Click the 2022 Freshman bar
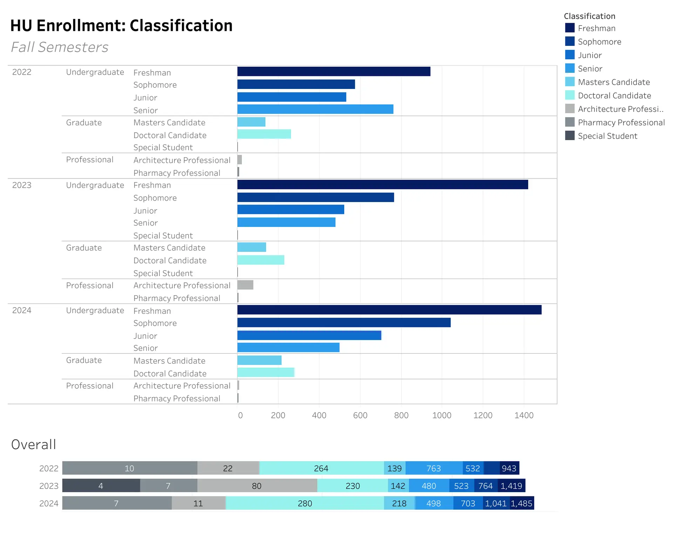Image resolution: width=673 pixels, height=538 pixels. [x=334, y=71]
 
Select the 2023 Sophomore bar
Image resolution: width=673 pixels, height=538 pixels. [x=315, y=197]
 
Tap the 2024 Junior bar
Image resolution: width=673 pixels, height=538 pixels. [x=309, y=335]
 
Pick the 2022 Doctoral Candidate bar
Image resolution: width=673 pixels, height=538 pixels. [x=264, y=134]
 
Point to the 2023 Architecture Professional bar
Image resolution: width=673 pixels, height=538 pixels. [x=245, y=285]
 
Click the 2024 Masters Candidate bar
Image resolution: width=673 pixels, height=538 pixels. [x=259, y=360]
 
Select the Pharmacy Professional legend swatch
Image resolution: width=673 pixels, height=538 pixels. [x=570, y=122]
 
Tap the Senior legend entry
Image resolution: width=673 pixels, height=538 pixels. [x=590, y=69]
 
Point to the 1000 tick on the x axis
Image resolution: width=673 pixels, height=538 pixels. [x=442, y=415]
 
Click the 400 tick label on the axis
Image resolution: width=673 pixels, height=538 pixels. [x=319, y=415]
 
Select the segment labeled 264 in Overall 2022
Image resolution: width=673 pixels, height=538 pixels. [x=321, y=468]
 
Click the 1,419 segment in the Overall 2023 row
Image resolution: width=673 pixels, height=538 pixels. [x=511, y=486]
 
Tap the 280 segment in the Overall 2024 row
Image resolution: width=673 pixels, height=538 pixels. [x=305, y=503]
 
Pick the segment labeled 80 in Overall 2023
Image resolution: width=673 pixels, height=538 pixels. [x=257, y=486]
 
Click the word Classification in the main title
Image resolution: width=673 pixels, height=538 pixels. [x=181, y=26]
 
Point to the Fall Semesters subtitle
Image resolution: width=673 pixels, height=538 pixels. [x=60, y=47]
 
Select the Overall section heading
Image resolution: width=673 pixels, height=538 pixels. [x=34, y=444]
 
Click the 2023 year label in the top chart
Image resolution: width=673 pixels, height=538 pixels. [x=22, y=185]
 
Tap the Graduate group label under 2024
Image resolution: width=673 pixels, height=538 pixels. [x=84, y=360]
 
